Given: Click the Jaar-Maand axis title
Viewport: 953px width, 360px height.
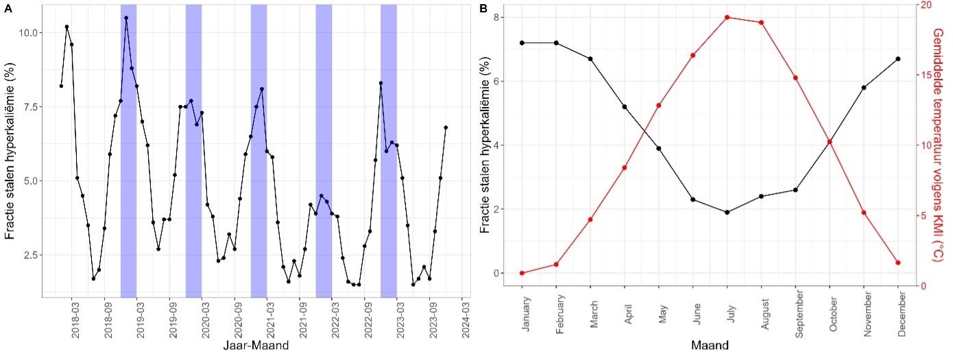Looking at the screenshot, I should tap(255, 346).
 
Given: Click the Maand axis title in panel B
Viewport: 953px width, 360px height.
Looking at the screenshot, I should tap(710, 344).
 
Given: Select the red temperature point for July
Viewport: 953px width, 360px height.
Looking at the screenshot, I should tap(727, 17).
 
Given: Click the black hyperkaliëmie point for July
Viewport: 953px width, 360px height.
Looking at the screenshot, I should tap(727, 213).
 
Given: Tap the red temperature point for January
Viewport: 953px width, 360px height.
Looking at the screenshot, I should tap(522, 273).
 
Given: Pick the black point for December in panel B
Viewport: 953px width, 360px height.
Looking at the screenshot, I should tap(897, 59).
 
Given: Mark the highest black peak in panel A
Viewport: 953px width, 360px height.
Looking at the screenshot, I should tap(126, 18).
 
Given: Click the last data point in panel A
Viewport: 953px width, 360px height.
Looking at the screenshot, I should tap(446, 128).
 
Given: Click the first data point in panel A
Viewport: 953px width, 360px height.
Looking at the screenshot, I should tap(61, 86).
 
